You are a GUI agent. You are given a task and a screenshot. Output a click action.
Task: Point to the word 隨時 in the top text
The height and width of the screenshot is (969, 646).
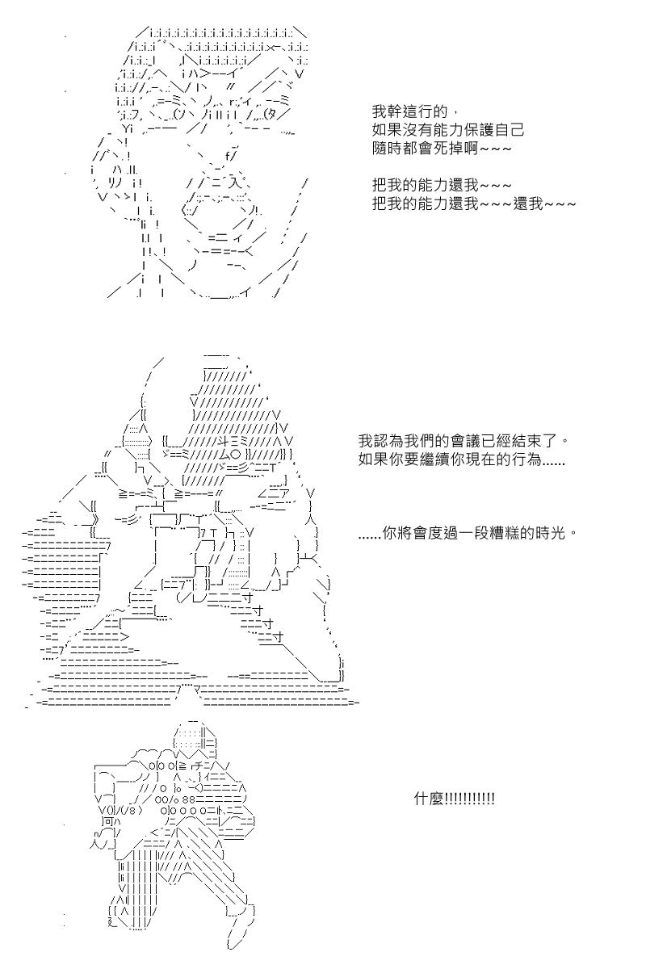[x=388, y=151]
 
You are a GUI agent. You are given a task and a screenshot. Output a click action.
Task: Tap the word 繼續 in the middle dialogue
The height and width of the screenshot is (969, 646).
[x=433, y=463]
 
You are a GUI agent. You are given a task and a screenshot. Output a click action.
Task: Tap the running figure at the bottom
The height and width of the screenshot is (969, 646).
[x=178, y=832]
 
